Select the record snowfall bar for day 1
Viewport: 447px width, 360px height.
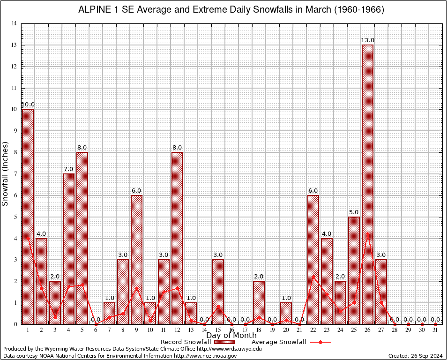[x=28, y=216]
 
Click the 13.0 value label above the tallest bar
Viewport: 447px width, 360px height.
[x=367, y=40]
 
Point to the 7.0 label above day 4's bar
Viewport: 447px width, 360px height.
[x=68, y=169]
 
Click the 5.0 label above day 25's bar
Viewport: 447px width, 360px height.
[x=354, y=212]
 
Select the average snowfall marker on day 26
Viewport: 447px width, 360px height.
[x=367, y=233]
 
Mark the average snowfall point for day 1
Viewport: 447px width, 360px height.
[x=28, y=238]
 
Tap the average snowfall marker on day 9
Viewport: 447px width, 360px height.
[x=136, y=288]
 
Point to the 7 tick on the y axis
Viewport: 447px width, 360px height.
[x=15, y=174]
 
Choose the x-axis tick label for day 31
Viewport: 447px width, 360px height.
[x=435, y=330]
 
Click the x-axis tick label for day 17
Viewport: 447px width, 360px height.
[x=245, y=330]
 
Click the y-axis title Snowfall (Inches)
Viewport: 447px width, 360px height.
[x=6, y=173]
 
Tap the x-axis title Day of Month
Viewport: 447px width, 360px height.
[x=231, y=336]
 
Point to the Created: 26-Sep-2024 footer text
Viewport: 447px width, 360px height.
[x=415, y=356]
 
